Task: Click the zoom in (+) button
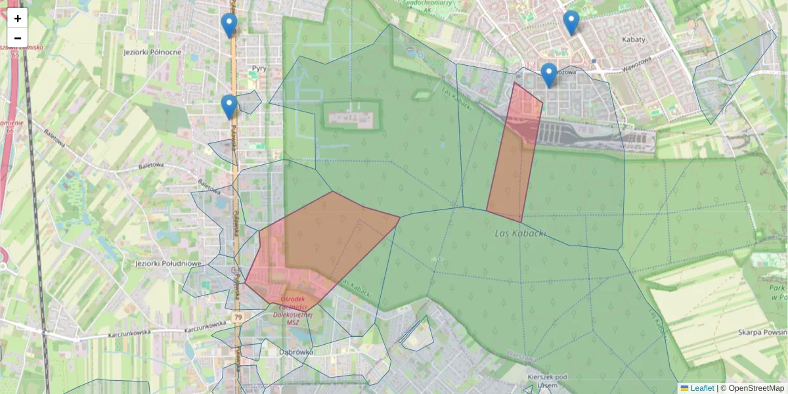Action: [x=18, y=18]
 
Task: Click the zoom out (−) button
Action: [x=18, y=38]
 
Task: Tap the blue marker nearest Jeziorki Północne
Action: [x=229, y=26]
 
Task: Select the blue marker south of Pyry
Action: [x=229, y=107]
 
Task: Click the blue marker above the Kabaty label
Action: [x=571, y=22]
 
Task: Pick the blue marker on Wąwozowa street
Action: [x=549, y=75]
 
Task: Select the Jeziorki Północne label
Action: [x=152, y=51]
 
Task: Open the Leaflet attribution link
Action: [x=701, y=388]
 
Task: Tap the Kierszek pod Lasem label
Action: [x=547, y=381]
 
